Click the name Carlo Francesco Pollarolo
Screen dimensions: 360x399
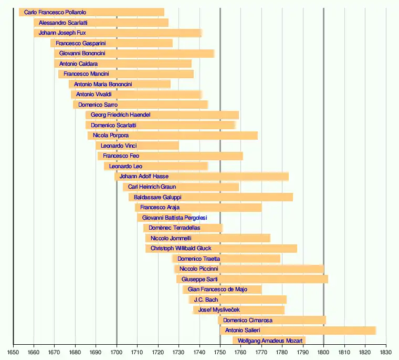point(55,12)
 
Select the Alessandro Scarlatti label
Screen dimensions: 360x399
point(63,23)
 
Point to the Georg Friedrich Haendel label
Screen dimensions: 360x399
point(120,115)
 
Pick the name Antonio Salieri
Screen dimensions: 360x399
point(241,331)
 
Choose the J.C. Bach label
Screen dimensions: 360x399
point(206,300)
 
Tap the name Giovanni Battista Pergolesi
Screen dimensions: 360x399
point(174,218)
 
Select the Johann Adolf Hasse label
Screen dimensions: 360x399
point(144,177)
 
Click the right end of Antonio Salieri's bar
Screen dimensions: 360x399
point(375,331)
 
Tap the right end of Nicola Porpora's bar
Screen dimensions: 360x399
point(257,136)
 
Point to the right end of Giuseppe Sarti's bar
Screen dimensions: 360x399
point(328,279)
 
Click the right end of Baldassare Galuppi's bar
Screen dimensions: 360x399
point(292,197)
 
